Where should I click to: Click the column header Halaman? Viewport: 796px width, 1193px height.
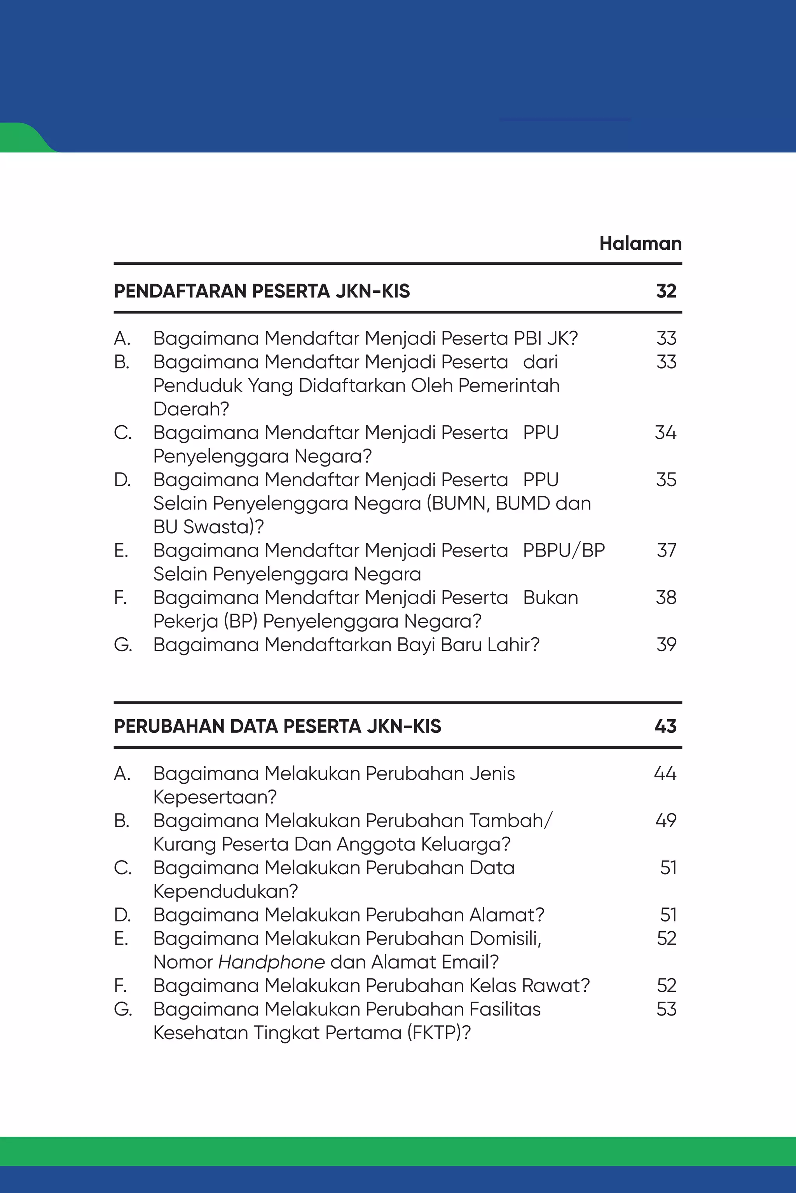(640, 243)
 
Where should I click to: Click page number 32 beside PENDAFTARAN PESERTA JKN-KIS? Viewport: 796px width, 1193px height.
(666, 291)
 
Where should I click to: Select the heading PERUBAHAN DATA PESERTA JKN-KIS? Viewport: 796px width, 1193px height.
(277, 726)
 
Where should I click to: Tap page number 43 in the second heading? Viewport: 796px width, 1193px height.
(665, 726)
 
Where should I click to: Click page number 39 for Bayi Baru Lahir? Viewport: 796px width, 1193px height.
(666, 645)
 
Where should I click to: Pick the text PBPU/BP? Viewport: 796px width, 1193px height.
(564, 550)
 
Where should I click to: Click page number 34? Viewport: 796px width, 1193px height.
(665, 433)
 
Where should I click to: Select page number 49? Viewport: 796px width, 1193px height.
(665, 821)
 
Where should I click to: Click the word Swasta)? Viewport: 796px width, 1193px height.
(223, 527)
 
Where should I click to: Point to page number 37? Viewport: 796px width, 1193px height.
(666, 550)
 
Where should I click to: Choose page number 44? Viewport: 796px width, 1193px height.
(665, 774)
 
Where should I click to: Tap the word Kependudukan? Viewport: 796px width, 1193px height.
(225, 892)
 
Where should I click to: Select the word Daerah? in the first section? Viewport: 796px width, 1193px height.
(191, 409)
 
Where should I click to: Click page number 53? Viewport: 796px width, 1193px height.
(666, 1009)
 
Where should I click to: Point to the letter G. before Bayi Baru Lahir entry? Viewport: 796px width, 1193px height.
(122, 645)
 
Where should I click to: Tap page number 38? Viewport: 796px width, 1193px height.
(666, 598)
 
